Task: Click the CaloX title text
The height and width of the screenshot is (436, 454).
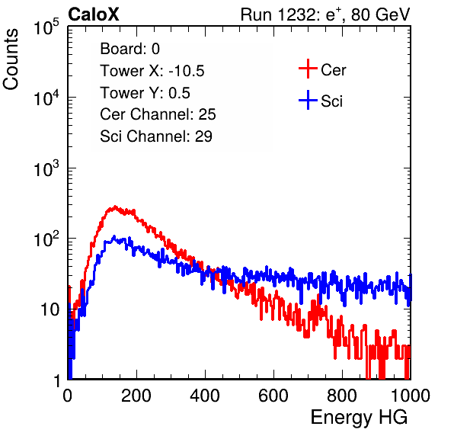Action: [94, 14]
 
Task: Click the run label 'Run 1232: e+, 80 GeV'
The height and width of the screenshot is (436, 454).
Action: [325, 14]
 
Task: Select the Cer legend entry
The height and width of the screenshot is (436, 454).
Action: [322, 69]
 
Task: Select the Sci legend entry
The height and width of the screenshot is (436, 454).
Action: [321, 101]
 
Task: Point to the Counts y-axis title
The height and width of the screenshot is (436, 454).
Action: [11, 59]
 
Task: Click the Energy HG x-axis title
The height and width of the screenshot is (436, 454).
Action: [359, 418]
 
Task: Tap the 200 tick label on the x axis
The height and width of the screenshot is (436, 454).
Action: [136, 396]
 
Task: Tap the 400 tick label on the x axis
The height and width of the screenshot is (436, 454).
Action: [205, 396]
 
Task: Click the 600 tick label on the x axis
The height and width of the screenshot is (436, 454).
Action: [273, 396]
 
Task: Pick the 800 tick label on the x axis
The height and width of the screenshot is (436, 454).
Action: [342, 396]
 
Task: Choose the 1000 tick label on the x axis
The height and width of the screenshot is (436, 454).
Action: [411, 396]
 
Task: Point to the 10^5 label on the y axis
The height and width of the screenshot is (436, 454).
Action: [46, 27]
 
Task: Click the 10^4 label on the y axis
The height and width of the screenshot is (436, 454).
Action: [46, 98]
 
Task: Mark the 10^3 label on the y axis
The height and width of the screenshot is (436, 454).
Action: [46, 168]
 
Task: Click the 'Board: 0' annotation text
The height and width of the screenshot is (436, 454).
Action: [129, 49]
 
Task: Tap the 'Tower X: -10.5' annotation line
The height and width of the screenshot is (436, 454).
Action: [152, 71]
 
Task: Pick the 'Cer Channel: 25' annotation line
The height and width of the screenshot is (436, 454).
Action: [158, 114]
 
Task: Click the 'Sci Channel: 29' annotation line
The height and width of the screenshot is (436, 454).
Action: [156, 136]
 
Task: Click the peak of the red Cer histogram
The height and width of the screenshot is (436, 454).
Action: [115, 207]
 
